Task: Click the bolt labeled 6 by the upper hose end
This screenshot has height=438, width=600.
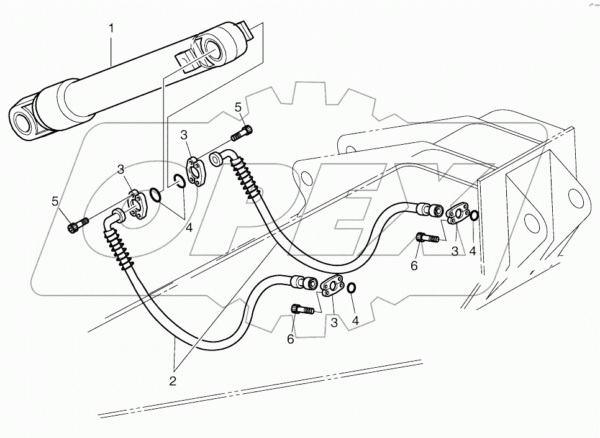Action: (427, 237)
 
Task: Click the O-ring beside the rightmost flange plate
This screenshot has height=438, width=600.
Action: (473, 216)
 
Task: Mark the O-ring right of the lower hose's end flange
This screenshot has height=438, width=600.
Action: (351, 288)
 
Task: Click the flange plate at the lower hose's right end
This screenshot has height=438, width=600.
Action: (333, 285)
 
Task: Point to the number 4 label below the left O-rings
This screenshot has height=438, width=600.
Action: (189, 228)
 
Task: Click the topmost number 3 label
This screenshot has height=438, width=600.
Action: (183, 135)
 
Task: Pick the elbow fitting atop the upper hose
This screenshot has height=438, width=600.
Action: (223, 155)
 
